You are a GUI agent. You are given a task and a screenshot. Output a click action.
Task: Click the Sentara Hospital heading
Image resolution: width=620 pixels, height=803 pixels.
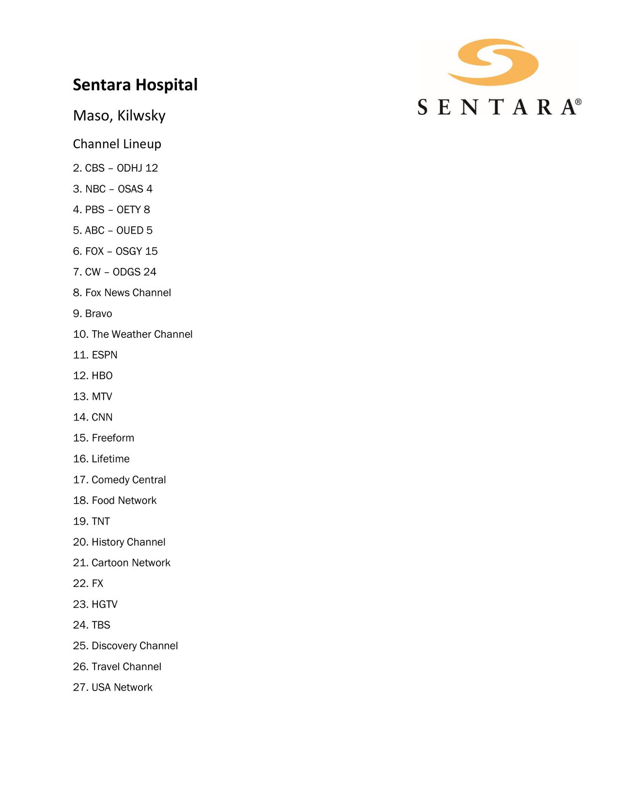135,85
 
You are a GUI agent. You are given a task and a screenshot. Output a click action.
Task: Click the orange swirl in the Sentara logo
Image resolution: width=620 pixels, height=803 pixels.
493,62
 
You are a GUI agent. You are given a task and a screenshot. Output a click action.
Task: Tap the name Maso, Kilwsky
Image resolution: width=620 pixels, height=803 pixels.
119,115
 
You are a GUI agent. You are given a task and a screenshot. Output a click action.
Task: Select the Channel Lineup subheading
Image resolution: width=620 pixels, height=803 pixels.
117,144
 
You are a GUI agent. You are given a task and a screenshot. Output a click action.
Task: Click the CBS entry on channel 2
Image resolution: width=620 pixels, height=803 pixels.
115,168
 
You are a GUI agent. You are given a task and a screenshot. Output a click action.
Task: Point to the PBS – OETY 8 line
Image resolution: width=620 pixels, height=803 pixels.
111,209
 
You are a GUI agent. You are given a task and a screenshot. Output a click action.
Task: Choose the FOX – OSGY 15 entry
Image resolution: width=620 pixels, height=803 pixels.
115,251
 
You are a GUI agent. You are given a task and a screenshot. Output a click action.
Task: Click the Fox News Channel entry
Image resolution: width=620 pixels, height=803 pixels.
122,293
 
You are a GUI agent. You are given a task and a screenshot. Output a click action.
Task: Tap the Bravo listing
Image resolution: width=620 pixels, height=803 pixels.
93,314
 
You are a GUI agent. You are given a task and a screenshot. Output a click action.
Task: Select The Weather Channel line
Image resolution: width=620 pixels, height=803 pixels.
133,334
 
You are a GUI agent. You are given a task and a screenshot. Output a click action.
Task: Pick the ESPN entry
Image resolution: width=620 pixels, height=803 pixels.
95,355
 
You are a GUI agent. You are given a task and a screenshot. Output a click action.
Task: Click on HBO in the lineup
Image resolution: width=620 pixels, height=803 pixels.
93,376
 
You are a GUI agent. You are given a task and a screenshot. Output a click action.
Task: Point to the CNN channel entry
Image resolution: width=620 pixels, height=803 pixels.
93,417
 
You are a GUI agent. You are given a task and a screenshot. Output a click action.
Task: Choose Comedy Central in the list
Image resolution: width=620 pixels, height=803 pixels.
120,480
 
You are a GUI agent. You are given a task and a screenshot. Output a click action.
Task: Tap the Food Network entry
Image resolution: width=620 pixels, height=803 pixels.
115,501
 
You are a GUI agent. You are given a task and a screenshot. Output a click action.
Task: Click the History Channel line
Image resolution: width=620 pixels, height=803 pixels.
119,542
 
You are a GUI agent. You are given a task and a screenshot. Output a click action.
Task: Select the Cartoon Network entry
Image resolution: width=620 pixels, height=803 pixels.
122,563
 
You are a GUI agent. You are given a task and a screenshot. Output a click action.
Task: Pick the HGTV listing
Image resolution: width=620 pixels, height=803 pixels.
95,604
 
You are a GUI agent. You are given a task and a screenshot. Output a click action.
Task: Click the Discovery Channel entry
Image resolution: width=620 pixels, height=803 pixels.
125,646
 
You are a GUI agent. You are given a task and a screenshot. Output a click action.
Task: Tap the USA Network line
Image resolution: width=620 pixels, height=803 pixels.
113,687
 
